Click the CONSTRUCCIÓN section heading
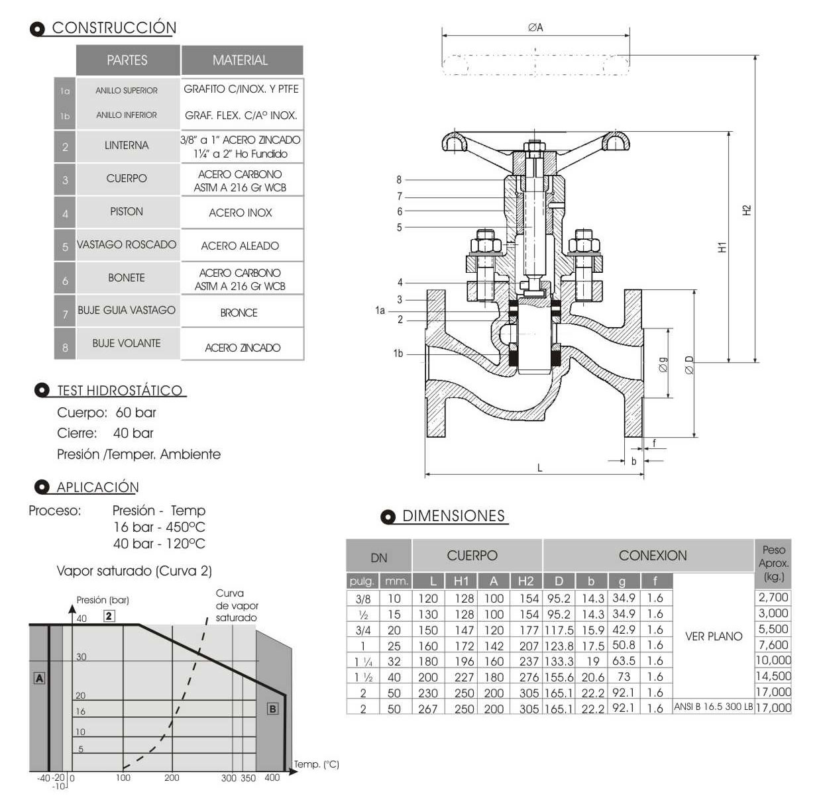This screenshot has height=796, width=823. pyautogui.click(x=113, y=28)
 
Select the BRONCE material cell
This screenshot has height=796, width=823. pyautogui.click(x=239, y=313)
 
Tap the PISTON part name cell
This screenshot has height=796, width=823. pyautogui.click(x=127, y=212)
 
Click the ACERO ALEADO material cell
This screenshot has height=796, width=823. pyautogui.click(x=240, y=246)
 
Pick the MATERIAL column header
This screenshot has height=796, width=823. pyautogui.click(x=241, y=60)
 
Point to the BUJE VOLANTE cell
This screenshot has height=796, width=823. pyautogui.click(x=127, y=343)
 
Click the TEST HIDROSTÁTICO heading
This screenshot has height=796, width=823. pyautogui.click(x=119, y=391)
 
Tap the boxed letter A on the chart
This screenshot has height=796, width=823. pyautogui.click(x=40, y=678)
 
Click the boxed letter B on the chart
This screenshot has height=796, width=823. pyautogui.click(x=272, y=709)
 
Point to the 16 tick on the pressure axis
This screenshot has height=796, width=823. pyautogui.click(x=80, y=711)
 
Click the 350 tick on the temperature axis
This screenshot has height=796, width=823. pyautogui.click(x=248, y=778)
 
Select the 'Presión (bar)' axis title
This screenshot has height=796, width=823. pyautogui.click(x=103, y=600)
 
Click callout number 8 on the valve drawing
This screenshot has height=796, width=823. pyautogui.click(x=400, y=179)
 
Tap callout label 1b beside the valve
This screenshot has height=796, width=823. pyautogui.click(x=398, y=354)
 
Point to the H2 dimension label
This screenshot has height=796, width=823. pyautogui.click(x=747, y=209)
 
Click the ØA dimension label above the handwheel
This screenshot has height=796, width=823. pyautogui.click(x=535, y=27)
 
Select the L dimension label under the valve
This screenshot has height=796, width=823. pyautogui.click(x=540, y=468)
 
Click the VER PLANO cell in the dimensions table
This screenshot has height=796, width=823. pyautogui.click(x=714, y=636)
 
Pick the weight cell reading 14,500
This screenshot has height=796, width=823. pyautogui.click(x=773, y=676)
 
